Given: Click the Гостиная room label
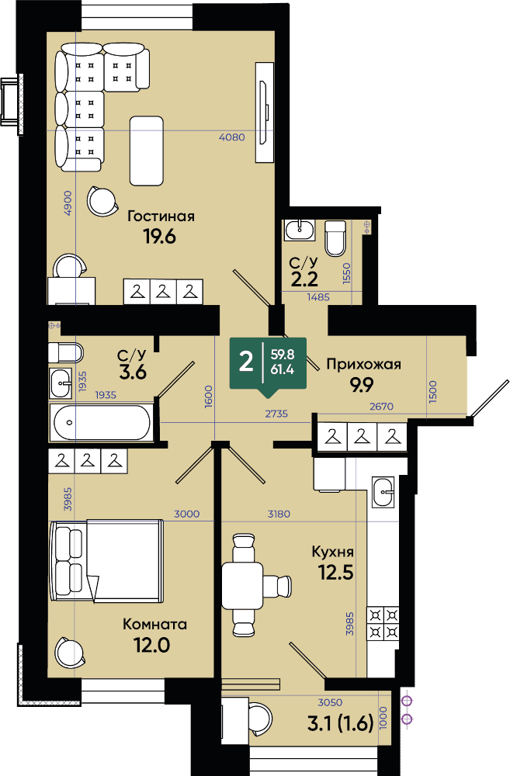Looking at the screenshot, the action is click(161, 217).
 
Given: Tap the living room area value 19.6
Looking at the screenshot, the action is click(159, 237).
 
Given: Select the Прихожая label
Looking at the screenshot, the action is click(363, 365).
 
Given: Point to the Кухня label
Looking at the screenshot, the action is click(332, 552).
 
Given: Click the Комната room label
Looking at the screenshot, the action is click(155, 624).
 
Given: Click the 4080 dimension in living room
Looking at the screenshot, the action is click(232, 137).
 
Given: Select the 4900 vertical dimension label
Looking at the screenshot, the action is click(68, 203).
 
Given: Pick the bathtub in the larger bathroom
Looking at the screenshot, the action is click(100, 422).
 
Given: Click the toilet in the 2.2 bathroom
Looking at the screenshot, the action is click(335, 238).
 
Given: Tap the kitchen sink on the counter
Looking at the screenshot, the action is click(383, 491).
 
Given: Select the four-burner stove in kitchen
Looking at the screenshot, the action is click(383, 624).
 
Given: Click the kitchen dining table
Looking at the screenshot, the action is click(242, 585).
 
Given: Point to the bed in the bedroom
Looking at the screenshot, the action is click(106, 560).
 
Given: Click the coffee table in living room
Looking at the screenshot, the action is click(147, 151).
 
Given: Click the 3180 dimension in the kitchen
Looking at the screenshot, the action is click(279, 514).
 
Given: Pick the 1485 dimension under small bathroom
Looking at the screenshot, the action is click(318, 297).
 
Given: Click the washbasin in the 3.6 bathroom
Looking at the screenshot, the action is click(61, 383).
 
